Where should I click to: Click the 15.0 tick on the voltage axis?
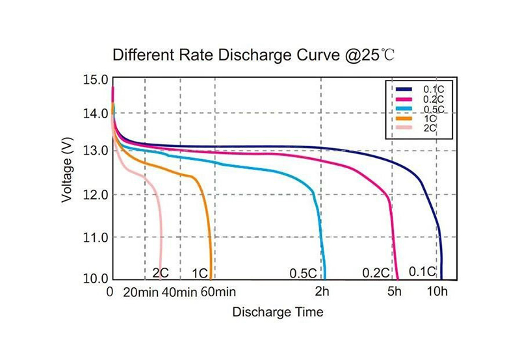pos(95,80)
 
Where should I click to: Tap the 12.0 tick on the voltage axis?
pos(95,195)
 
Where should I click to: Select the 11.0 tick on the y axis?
pos(95,238)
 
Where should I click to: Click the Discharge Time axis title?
pos(278,312)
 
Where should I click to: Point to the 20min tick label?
pos(140,292)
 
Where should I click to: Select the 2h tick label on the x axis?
pos(322,292)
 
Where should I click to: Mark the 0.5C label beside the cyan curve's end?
pos(303,272)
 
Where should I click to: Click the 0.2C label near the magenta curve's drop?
pos(375,272)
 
